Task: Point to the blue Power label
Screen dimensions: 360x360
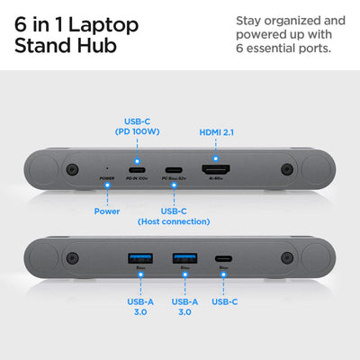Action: tap(107, 211)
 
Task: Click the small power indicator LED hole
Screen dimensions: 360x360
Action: tap(107, 168)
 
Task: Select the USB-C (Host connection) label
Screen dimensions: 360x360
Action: tap(174, 215)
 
